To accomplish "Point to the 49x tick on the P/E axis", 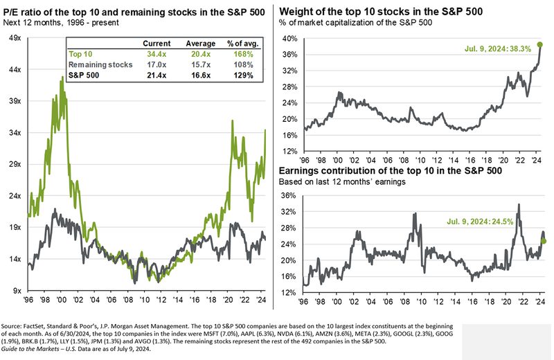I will [x=13, y=38].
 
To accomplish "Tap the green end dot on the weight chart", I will [x=539, y=45].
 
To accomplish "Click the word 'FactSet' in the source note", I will [x=46, y=325].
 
